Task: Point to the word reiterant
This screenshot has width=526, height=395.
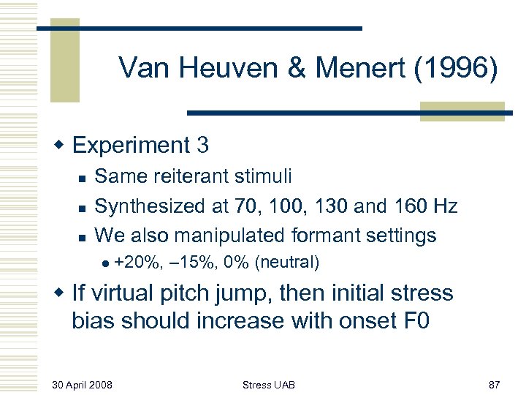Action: (x=195, y=176)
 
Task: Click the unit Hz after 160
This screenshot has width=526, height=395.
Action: (x=443, y=206)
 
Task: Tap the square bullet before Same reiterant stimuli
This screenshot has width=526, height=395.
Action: (x=83, y=176)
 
